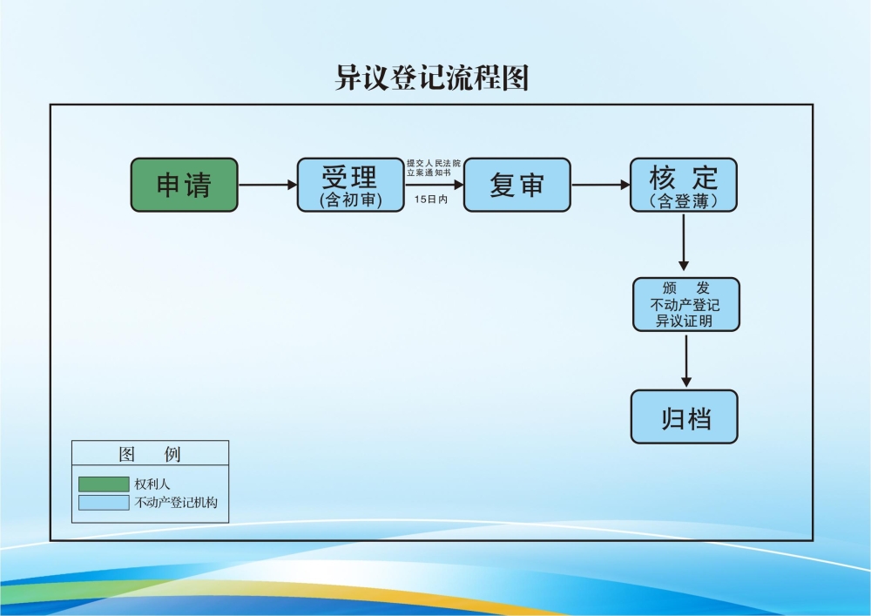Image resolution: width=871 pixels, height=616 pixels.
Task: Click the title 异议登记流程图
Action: pyautogui.click(x=432, y=77)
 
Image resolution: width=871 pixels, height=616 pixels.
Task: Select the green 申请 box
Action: pyautogui.click(x=184, y=185)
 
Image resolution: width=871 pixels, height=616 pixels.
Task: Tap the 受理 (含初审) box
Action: pyautogui.click(x=351, y=185)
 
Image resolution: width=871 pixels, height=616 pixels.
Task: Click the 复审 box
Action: pyautogui.click(x=517, y=185)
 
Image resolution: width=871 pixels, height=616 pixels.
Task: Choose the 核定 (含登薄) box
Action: pyautogui.click(x=684, y=185)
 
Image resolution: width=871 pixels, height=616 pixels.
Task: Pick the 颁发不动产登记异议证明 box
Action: pyautogui.click(x=685, y=305)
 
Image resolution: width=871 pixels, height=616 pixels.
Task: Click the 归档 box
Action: pyautogui.click(x=685, y=417)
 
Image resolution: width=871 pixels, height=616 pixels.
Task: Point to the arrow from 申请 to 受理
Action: pyautogui.click(x=267, y=185)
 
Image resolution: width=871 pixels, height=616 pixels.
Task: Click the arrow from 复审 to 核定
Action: pyautogui.click(x=600, y=185)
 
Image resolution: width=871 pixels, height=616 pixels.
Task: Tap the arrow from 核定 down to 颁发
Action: pyautogui.click(x=684, y=242)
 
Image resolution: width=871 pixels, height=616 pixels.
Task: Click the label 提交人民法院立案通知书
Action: pyautogui.click(x=434, y=168)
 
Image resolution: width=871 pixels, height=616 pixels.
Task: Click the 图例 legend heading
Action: pyautogui.click(x=150, y=454)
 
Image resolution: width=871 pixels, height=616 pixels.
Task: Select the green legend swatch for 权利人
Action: pyautogui.click(x=103, y=484)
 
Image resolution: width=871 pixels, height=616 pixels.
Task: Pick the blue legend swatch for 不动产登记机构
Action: pyautogui.click(x=103, y=503)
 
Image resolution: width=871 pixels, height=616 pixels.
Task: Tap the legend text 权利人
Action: pyautogui.click(x=152, y=484)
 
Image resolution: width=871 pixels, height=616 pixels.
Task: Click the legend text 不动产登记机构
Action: pyautogui.click(x=175, y=503)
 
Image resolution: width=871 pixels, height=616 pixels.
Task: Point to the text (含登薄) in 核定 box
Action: pyautogui.click(x=684, y=201)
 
